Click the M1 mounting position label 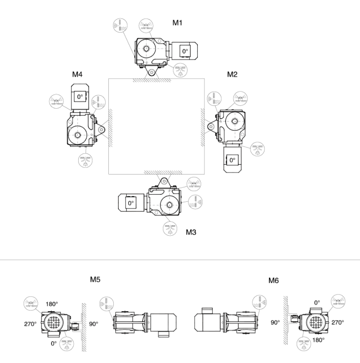pos(177,23)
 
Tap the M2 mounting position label pos(232,74)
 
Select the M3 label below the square pos(191,232)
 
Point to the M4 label pos(77,74)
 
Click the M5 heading pos(95,279)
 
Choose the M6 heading pos(274,281)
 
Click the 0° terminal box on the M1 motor pos(185,51)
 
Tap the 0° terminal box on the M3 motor pos(131,203)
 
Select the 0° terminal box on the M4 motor pos(80,96)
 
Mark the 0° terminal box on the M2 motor pos(233,160)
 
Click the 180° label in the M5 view pos(52,304)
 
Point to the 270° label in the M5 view pos(30,324)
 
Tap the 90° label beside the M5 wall pos(94,324)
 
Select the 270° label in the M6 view pos(338,322)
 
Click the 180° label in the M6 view pos(318,340)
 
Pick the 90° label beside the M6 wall pos(275,322)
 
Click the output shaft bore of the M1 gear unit pos(146,49)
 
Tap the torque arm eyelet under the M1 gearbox pos(151,73)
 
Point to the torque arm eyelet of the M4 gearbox pos(101,130)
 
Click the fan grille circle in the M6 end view pos(316,322)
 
